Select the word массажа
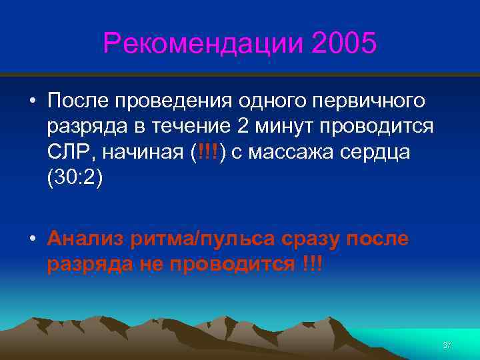coord(290,152)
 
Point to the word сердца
coord(378,152)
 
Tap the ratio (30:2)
coord(75,177)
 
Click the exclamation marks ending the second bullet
coord(310,264)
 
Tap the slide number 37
coord(447,345)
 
